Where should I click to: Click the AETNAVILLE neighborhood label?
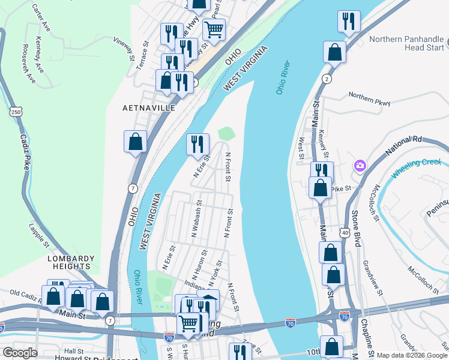point(148,107)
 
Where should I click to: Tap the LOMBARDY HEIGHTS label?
point(71,262)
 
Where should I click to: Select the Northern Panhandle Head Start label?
point(406,44)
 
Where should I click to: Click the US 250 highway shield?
point(16,111)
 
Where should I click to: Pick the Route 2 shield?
point(327,79)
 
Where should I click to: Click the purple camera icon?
point(360,165)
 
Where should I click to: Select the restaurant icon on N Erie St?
point(197,144)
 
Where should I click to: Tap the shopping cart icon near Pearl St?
point(214,28)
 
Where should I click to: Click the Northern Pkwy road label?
point(369,99)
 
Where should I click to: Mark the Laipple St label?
point(39,235)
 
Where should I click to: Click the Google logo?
point(20,353)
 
